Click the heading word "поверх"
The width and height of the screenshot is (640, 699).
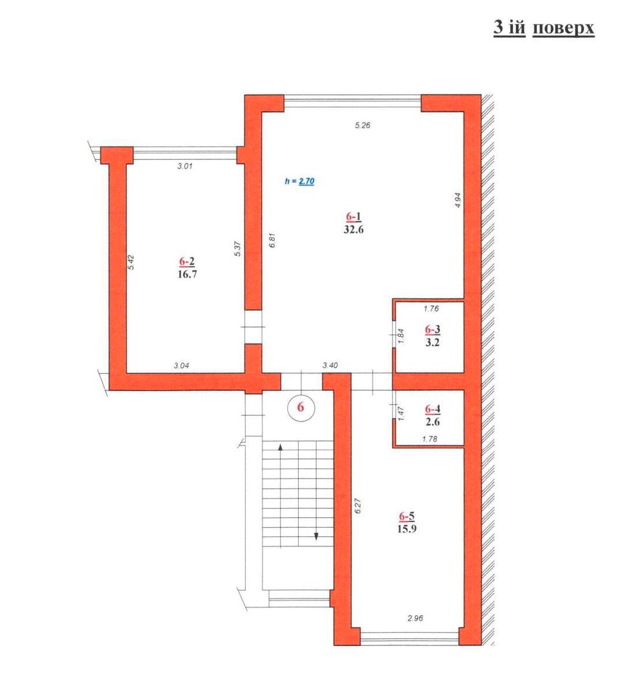click(563, 28)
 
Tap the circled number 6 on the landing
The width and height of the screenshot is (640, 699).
click(301, 407)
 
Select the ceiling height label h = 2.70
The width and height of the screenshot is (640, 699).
click(300, 181)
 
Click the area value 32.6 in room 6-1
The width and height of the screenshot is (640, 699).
click(353, 230)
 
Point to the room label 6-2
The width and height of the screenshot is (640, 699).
click(187, 261)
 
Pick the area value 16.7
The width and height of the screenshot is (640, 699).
click(188, 274)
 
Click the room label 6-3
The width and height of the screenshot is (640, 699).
click(432, 329)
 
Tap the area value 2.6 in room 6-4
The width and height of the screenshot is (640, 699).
click(432, 422)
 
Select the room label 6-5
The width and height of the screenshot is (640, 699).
click(406, 516)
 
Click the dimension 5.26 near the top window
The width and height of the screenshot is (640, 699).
click(362, 125)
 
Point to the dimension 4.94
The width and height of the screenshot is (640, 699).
click(458, 200)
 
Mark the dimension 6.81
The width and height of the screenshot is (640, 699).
click(273, 240)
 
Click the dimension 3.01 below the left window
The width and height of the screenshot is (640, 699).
click(185, 166)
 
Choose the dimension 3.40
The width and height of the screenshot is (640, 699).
click(330, 366)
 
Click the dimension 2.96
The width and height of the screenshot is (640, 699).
click(415, 619)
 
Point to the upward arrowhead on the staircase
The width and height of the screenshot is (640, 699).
click(281, 447)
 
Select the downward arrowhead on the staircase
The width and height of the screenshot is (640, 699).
click(316, 536)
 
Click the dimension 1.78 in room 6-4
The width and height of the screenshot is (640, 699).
click(430, 439)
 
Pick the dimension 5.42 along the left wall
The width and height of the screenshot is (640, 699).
click(131, 262)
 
